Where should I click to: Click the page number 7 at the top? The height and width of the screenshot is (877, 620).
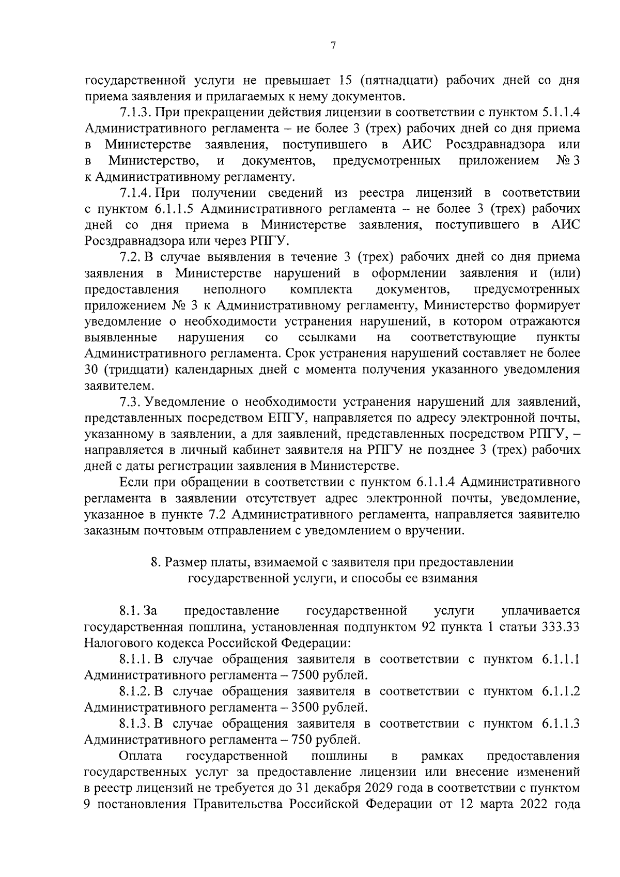[333, 47]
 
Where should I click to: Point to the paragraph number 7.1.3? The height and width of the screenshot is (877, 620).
[135, 113]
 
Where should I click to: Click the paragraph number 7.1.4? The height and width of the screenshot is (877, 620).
[135, 193]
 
